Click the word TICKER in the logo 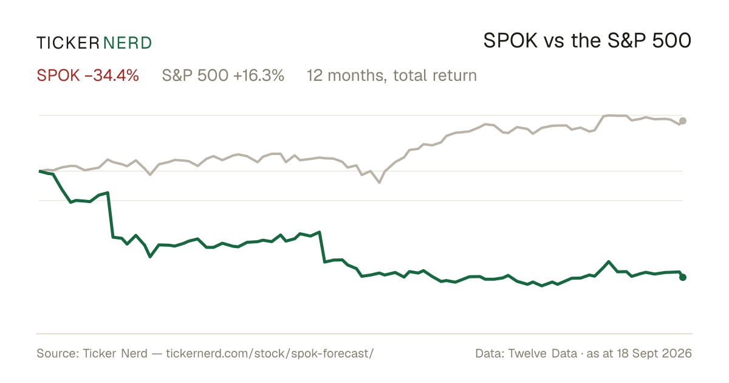click(67, 43)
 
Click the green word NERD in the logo click(127, 43)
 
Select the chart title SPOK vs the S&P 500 click(587, 41)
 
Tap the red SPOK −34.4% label click(88, 75)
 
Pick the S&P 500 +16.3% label click(223, 75)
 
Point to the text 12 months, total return click(391, 75)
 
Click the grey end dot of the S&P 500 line click(683, 121)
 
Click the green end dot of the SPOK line click(683, 277)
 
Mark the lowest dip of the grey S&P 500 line click(379, 182)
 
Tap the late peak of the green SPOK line click(608, 262)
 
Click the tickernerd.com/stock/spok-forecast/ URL click(270, 353)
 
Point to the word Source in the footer click(56, 353)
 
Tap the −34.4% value click(112, 75)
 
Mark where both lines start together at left click(39, 171)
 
